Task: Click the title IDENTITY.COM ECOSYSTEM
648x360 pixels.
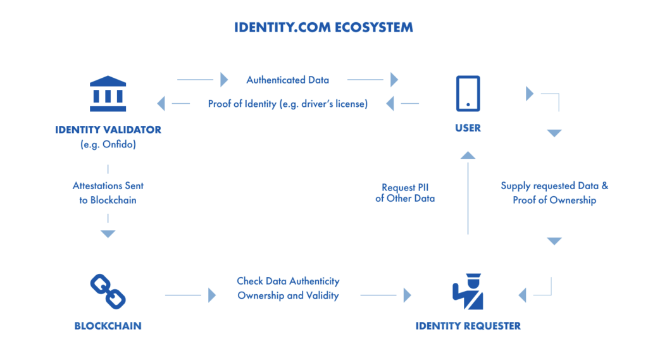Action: (x=323, y=28)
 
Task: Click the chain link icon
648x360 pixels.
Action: (x=108, y=291)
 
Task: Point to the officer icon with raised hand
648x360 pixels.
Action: (x=468, y=291)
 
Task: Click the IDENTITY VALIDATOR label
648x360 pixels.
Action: (x=108, y=130)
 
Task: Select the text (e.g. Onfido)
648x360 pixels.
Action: (x=108, y=144)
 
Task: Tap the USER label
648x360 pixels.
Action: (x=468, y=128)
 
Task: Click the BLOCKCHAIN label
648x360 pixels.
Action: (x=108, y=326)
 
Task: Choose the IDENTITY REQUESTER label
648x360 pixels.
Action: (x=468, y=326)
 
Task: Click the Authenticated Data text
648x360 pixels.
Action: (x=287, y=80)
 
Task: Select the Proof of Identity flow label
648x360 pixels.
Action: (x=287, y=104)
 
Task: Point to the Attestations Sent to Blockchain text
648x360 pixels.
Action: (x=108, y=192)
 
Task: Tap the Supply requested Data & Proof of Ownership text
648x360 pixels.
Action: (x=554, y=193)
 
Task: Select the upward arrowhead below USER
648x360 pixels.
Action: (x=468, y=155)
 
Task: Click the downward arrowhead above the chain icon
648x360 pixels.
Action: (x=108, y=234)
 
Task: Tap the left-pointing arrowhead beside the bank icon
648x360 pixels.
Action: (x=161, y=104)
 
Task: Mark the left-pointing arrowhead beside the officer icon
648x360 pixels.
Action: (x=523, y=295)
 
